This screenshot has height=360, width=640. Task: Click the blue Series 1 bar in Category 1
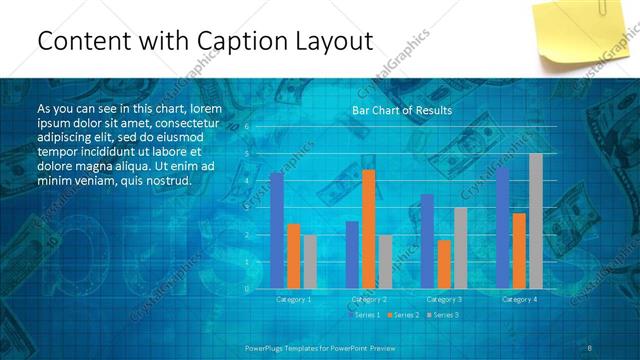tap(277, 230)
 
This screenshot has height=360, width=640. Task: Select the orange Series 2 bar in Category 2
tap(368, 229)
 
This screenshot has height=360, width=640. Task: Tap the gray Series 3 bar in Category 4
tap(535, 220)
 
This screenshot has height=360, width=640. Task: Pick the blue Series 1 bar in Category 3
tap(428, 241)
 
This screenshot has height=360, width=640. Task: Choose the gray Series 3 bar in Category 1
tap(309, 262)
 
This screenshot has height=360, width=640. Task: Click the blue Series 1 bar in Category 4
tap(503, 227)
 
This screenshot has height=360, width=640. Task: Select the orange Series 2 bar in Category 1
tap(293, 256)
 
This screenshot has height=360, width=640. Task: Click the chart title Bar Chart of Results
tap(401, 110)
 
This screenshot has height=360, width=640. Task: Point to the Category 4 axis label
tap(519, 299)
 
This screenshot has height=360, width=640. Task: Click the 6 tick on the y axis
tap(246, 128)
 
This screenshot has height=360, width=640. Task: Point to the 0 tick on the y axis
tap(246, 289)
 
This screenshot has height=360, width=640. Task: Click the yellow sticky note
tap(581, 34)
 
